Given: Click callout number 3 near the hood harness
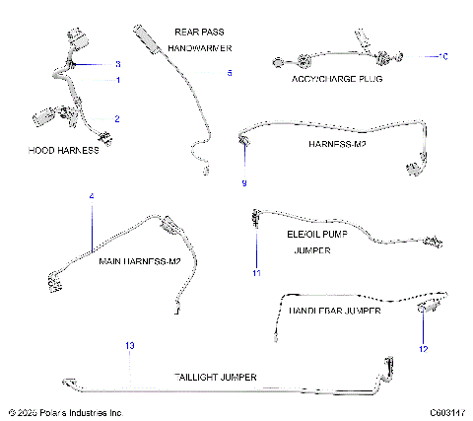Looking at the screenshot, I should [x=118, y=63].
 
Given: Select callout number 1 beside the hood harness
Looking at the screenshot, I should [x=118, y=79].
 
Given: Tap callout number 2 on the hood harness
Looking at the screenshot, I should [x=118, y=118].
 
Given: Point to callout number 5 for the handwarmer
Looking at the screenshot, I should [x=230, y=72].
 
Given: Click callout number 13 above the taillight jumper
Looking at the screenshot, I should [x=128, y=344].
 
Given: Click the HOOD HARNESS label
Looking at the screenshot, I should [x=64, y=151].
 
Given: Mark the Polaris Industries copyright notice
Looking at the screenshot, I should [x=64, y=412].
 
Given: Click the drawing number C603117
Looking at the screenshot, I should [x=445, y=412].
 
